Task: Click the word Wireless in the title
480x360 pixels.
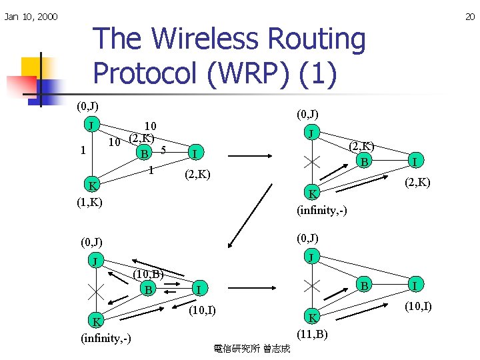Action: (197, 40)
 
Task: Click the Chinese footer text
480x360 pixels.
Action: (251, 348)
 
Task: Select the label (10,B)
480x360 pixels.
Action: (148, 273)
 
